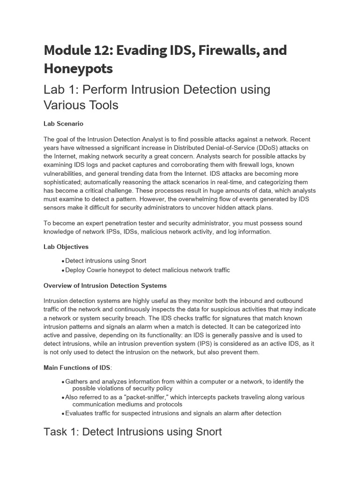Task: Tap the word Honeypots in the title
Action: (x=78, y=68)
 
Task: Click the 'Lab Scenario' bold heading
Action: (x=63, y=124)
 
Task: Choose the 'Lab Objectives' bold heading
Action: (x=66, y=247)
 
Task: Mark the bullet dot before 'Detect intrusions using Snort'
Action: (x=63, y=261)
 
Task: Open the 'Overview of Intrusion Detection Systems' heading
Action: (x=105, y=285)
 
